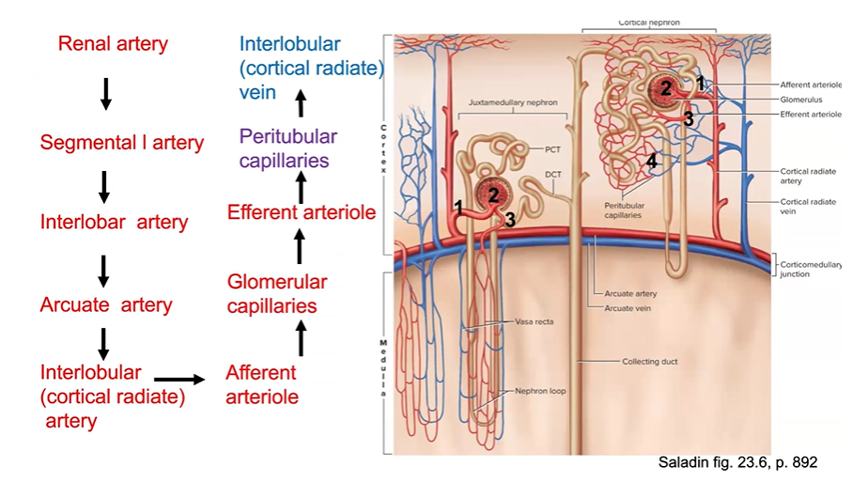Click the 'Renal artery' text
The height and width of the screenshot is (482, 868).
[x=113, y=43]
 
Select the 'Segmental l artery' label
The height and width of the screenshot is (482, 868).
[x=121, y=143]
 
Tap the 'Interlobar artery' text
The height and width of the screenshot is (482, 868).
[x=114, y=223]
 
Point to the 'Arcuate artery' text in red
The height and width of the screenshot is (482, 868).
[x=106, y=304]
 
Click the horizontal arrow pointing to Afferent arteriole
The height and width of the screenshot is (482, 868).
[x=179, y=379]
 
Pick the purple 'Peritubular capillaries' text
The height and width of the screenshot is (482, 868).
[x=287, y=148]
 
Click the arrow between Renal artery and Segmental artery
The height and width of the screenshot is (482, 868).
[x=106, y=92]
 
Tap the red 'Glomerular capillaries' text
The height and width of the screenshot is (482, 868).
[x=277, y=293]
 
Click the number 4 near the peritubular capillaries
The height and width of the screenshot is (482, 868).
[x=652, y=161]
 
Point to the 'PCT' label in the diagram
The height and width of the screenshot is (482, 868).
[x=552, y=148]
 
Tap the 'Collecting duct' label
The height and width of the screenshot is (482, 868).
[x=649, y=361]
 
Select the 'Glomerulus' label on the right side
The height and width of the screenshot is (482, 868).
[x=800, y=99]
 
